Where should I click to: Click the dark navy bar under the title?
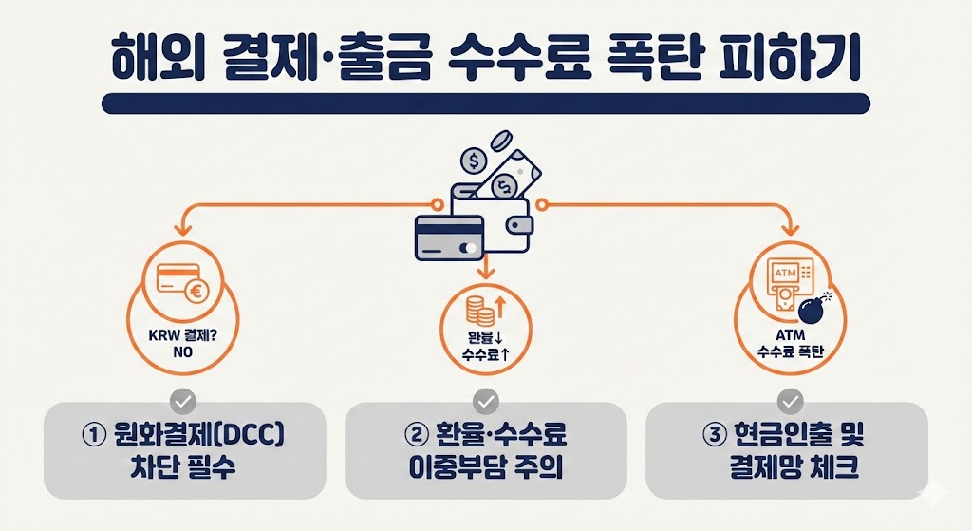coord(485,104)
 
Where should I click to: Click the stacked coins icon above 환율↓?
coord(477,311)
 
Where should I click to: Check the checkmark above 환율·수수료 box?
coord(485,399)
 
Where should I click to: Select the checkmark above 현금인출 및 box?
coord(790,399)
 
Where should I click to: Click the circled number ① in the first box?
coord(94,437)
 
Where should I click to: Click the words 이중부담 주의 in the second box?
coord(485,469)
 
